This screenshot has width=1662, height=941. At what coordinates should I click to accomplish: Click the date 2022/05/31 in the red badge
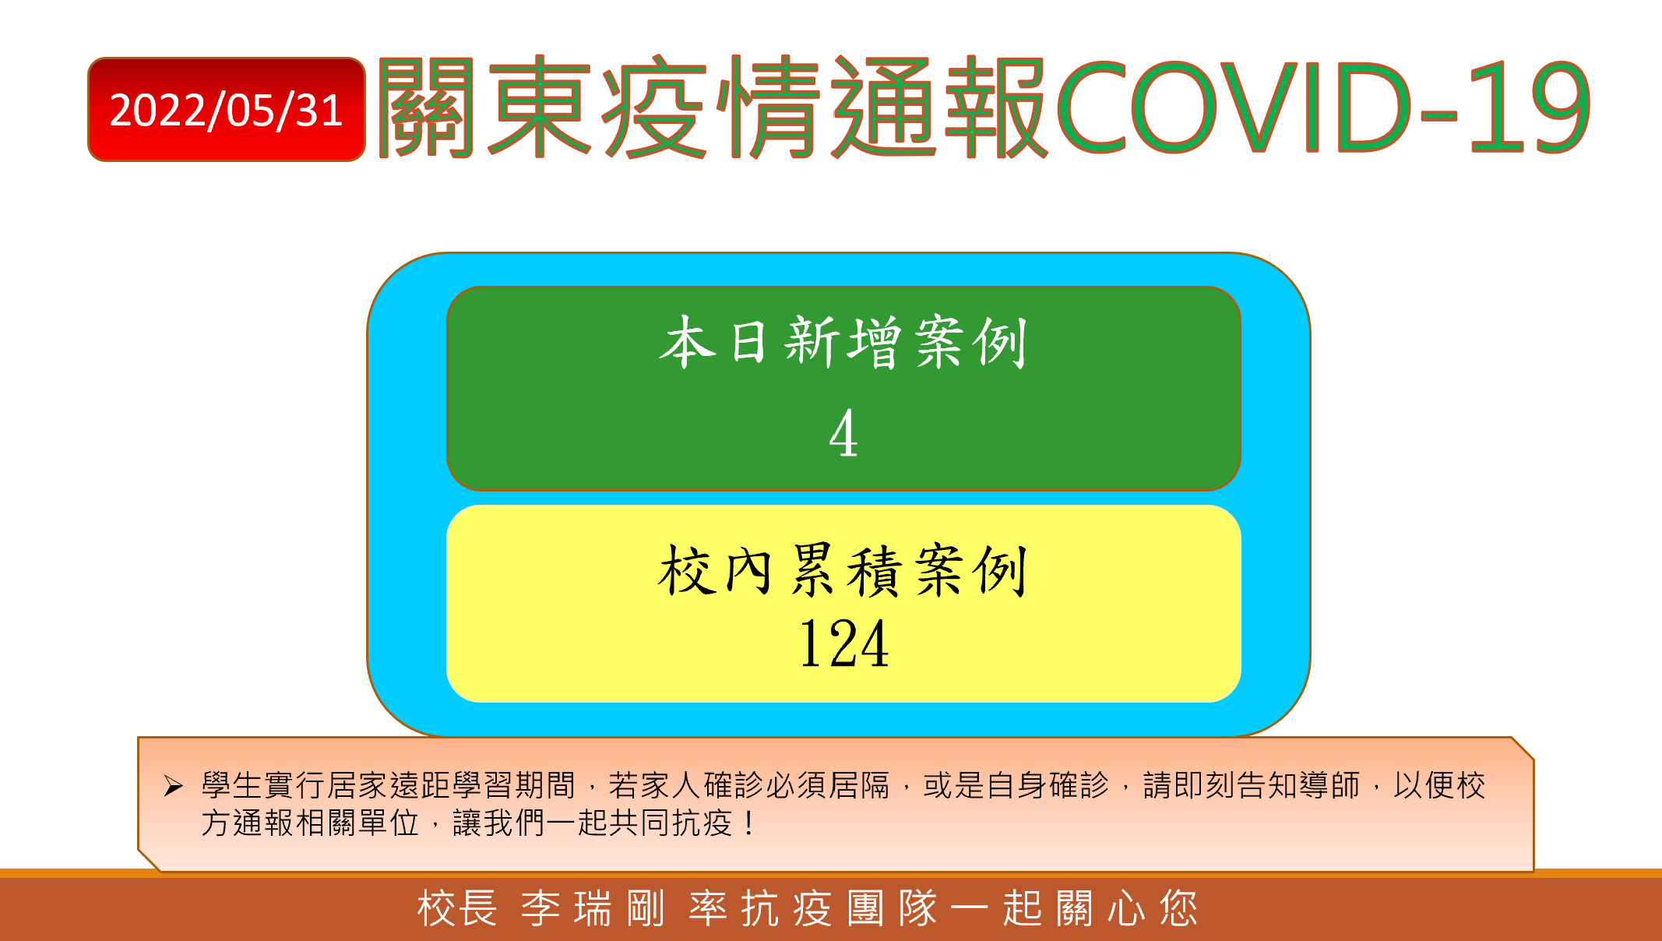[x=226, y=110]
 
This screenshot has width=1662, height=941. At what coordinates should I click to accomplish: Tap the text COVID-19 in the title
[x=1323, y=107]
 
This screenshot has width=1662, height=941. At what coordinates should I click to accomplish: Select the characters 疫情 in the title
[x=712, y=107]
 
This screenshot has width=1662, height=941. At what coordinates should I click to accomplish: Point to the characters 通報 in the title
[x=939, y=107]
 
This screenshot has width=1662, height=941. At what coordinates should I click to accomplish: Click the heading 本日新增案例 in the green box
[x=843, y=342]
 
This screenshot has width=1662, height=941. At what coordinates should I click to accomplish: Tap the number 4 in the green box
[x=843, y=433]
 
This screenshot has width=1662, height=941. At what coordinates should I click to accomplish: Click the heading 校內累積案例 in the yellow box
[x=843, y=570]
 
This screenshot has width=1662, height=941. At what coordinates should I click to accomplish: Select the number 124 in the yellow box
[x=844, y=643]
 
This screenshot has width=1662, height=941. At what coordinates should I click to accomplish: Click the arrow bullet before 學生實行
[x=173, y=786]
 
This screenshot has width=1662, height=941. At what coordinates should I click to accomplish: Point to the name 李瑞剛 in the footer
[x=593, y=909]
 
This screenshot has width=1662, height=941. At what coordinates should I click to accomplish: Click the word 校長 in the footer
[x=457, y=909]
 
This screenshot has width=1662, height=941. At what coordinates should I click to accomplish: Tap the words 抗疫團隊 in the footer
[x=838, y=909]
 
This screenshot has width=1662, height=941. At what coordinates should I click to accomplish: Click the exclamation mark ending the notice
[x=748, y=823]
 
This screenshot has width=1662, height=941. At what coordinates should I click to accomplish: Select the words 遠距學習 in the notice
[x=452, y=785]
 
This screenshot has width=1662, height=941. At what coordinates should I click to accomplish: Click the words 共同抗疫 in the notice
[x=671, y=823]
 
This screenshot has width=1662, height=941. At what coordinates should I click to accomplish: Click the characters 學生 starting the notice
[x=232, y=785]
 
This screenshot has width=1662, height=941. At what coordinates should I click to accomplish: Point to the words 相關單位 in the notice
[x=357, y=823]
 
